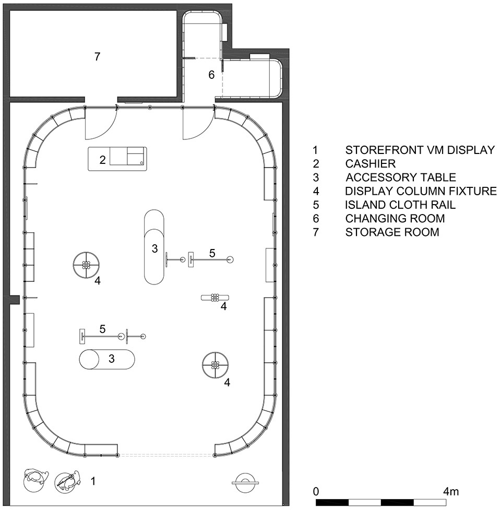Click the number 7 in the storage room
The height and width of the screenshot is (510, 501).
point(97,56)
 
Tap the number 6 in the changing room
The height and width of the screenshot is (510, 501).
point(211,75)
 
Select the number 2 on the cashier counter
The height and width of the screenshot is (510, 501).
point(102,160)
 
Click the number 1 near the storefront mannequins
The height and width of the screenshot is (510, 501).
point(93,481)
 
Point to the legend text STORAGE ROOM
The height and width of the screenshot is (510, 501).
point(392,232)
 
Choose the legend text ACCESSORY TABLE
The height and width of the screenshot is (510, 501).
point(401,177)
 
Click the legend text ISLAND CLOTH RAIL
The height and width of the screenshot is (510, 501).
point(400,205)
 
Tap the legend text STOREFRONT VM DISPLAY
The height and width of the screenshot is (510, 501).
point(420,150)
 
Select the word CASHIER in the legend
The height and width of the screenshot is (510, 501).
point(371,163)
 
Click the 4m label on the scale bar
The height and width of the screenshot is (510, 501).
point(451,491)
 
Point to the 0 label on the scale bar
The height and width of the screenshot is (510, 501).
point(316,491)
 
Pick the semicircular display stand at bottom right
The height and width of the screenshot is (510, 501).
point(245,480)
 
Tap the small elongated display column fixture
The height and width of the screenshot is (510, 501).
point(215,298)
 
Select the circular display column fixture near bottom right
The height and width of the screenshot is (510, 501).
point(215,365)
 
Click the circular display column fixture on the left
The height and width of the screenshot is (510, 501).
point(86,265)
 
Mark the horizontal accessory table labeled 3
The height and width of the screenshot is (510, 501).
point(107,360)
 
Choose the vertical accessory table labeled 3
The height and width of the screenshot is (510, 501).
point(154,247)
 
